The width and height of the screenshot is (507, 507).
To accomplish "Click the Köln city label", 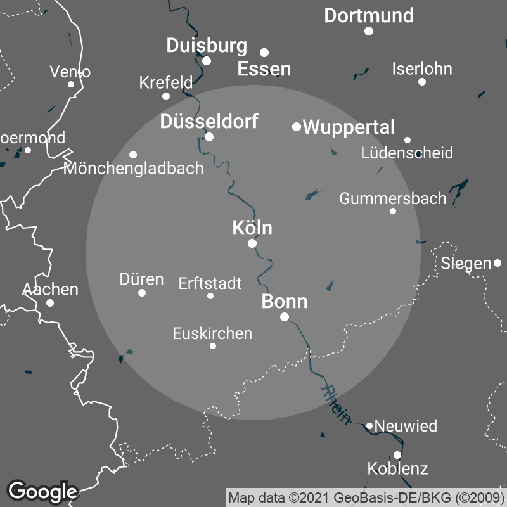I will [x=252, y=228].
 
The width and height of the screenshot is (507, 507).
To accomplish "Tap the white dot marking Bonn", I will [x=285, y=317].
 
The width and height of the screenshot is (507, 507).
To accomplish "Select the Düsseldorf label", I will [x=209, y=121].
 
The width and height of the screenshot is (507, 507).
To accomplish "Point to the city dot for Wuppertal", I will [x=296, y=127].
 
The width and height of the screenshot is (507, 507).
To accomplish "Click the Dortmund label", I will [x=369, y=15].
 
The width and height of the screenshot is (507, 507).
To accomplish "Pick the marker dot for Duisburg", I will [x=207, y=61].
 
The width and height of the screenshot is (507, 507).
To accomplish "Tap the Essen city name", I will [x=264, y=69].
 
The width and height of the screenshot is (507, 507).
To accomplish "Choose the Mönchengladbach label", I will [x=134, y=169].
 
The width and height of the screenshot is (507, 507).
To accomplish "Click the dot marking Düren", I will [x=142, y=293].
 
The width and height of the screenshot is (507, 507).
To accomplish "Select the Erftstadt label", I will [x=210, y=283].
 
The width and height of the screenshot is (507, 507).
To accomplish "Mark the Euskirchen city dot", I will [x=213, y=346].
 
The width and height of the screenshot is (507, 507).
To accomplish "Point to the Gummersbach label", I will [x=393, y=198].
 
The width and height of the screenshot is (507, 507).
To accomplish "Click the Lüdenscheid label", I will [x=407, y=153].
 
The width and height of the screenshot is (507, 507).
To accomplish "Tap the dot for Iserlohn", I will [x=422, y=82].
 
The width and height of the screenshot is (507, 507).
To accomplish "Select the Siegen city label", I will [x=466, y=263].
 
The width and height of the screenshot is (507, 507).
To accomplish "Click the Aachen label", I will [x=50, y=290].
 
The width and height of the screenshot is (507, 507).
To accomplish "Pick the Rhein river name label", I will [x=336, y=404].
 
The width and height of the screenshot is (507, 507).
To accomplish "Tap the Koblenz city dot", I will [x=397, y=455].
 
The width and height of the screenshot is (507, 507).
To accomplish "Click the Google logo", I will [x=42, y=491].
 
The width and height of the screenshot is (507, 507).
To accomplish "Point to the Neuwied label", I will [x=406, y=426].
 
